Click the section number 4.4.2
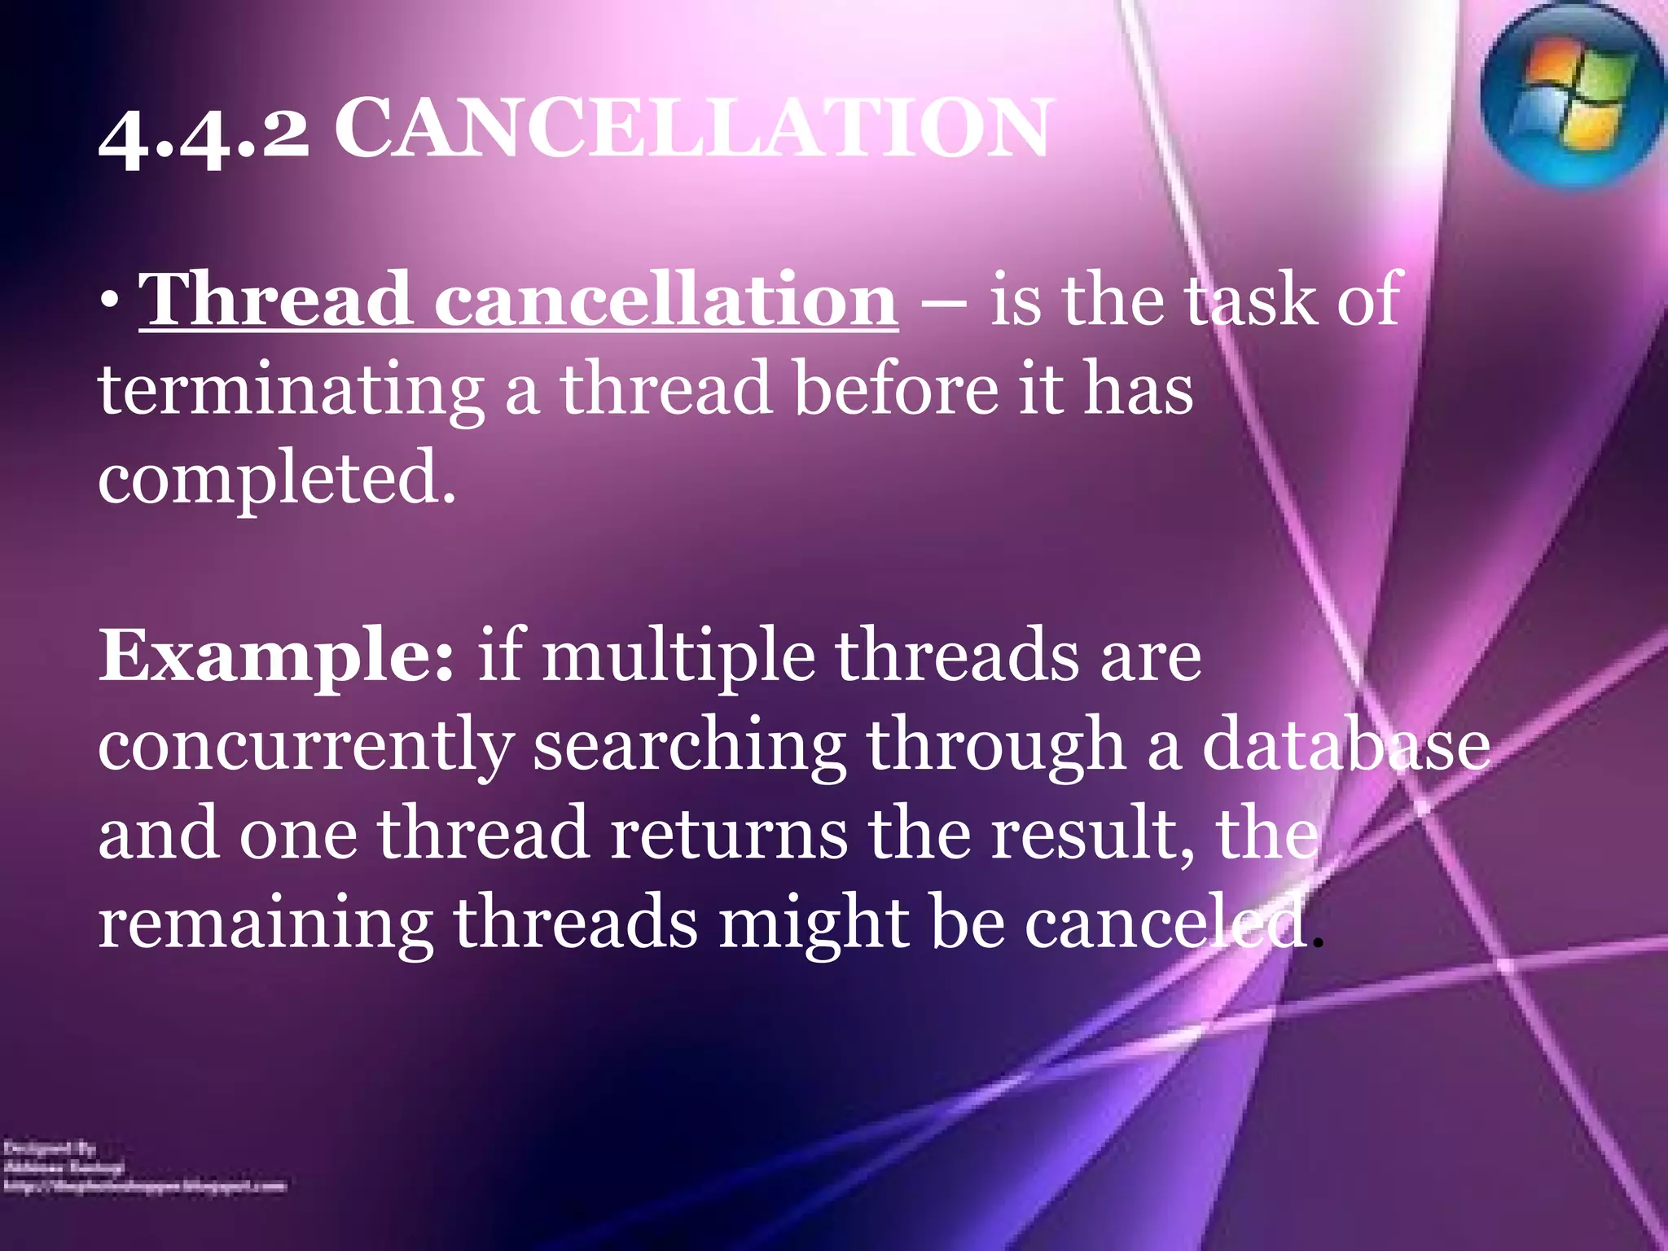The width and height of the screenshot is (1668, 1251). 204,134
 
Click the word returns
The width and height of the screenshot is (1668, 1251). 728,834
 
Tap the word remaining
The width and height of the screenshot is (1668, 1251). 265,924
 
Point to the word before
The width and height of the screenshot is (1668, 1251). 895,389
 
